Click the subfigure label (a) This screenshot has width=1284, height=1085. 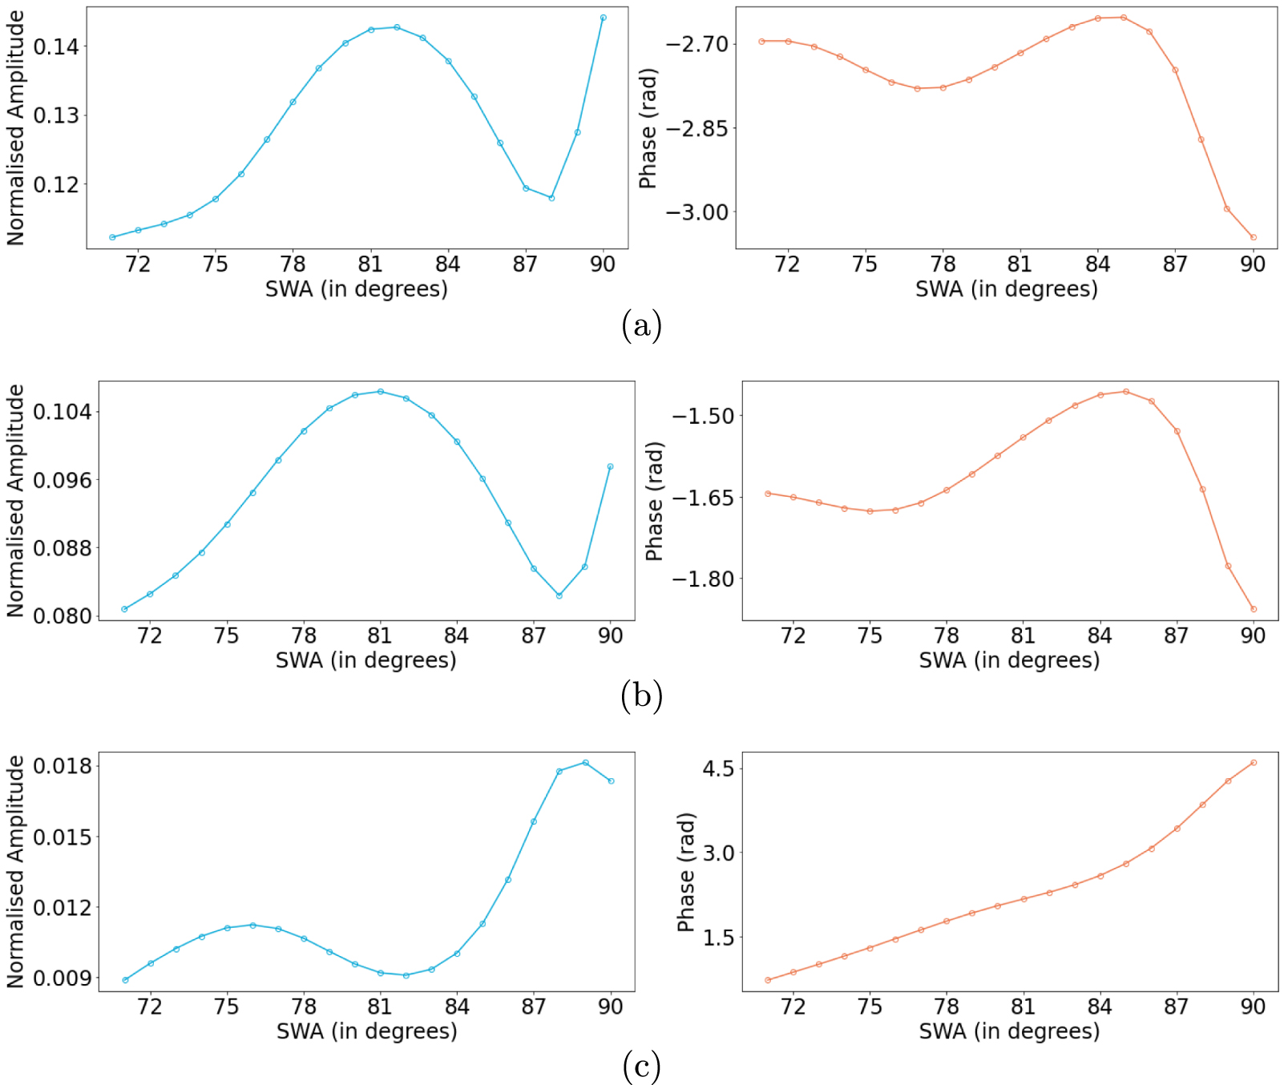coord(641,326)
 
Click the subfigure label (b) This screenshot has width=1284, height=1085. coord(641,696)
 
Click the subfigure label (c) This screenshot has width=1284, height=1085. coord(641,1067)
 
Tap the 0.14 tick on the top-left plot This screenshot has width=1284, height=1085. coord(56,46)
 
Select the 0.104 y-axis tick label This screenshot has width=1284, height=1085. coord(62,412)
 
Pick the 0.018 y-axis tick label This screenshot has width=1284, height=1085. coord(62,766)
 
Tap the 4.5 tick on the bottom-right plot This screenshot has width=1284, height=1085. coord(718,768)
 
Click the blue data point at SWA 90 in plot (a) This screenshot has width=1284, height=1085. coord(604,18)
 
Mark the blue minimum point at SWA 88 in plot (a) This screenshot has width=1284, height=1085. coord(551,198)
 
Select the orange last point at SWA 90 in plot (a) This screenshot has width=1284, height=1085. coord(1254,237)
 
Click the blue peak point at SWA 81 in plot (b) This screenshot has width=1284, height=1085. coord(381,392)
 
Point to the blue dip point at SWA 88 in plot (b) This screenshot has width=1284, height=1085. coord(559,595)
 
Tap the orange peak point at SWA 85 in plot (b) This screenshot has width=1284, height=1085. coord(1126,392)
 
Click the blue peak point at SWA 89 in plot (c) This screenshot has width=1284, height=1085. coord(586,763)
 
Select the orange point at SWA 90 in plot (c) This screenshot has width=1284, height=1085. coord(1254,763)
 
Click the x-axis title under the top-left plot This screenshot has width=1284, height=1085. coord(357,289)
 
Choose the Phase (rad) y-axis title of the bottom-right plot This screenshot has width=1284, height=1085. coord(686,873)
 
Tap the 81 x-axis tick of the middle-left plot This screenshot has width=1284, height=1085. coord(380,636)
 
